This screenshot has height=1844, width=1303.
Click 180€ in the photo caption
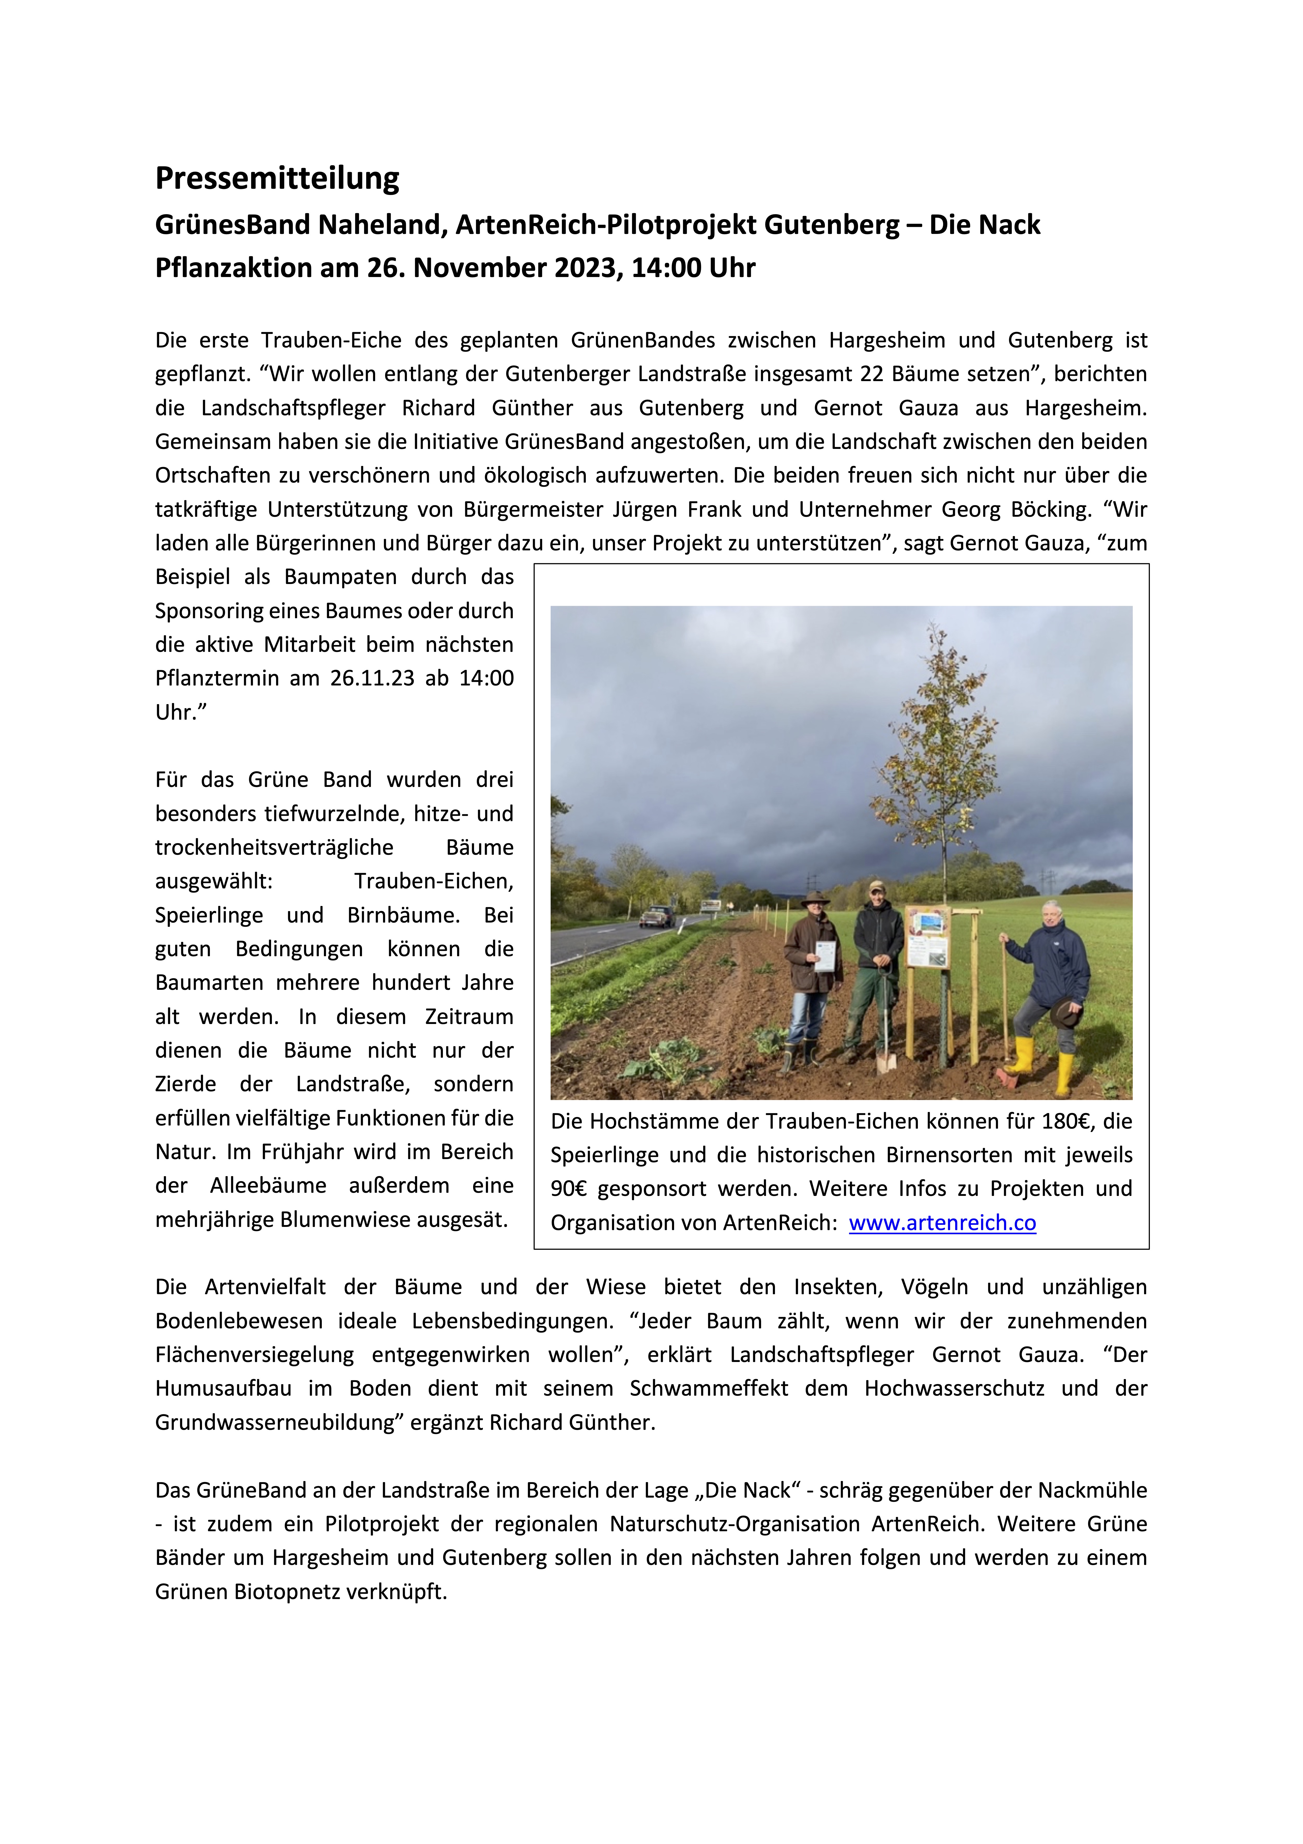tap(1067, 1121)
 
